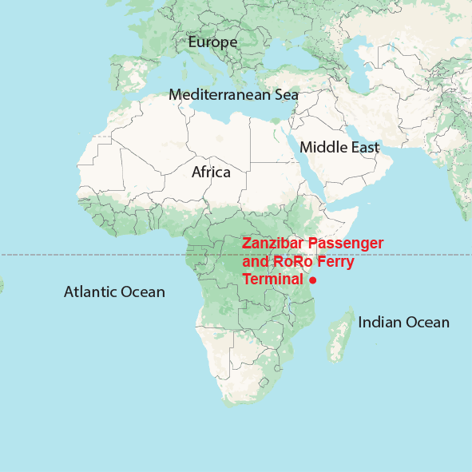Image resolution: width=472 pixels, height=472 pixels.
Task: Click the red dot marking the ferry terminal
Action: [314, 280]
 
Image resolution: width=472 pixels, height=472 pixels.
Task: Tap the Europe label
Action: [212, 42]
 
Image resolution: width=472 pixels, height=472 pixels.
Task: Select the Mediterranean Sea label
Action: [233, 94]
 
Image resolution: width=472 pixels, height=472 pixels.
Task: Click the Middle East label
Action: [339, 148]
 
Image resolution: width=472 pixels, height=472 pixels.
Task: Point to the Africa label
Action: [211, 172]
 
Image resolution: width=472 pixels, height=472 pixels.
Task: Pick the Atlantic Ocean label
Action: [114, 292]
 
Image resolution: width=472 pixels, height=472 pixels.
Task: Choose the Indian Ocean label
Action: [403, 323]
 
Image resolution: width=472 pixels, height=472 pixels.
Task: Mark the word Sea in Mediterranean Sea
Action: [285, 94]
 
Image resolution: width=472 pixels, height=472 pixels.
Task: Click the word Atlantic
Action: [89, 292]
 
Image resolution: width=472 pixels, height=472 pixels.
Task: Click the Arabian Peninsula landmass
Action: [351, 172]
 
